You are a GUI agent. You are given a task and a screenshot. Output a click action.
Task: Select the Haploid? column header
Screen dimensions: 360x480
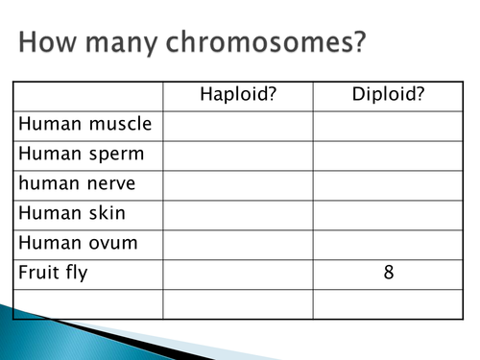[237, 95]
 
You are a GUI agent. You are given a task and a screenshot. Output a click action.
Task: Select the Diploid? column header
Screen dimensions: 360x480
[388, 95]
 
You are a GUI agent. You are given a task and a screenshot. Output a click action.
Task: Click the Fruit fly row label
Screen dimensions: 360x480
[53, 273]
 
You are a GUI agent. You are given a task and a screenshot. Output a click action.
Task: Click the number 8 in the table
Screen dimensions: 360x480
[388, 273]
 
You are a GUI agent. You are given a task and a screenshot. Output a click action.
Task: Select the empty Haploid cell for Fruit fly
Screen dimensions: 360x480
[237, 273]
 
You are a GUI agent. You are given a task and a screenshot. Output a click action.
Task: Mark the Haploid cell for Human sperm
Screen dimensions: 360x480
[237, 155]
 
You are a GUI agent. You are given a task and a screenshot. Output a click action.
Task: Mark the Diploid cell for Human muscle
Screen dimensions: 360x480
[388, 125]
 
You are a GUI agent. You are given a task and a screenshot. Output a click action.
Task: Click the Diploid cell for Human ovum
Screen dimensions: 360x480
[388, 243]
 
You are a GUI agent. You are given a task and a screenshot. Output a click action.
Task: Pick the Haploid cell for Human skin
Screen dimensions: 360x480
[237, 213]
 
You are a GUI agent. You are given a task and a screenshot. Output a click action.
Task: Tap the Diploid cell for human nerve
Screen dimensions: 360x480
[388, 184]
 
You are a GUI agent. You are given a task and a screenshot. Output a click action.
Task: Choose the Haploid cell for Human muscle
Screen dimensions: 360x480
[237, 125]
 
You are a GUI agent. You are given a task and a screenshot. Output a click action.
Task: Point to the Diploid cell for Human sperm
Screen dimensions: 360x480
[388, 155]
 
